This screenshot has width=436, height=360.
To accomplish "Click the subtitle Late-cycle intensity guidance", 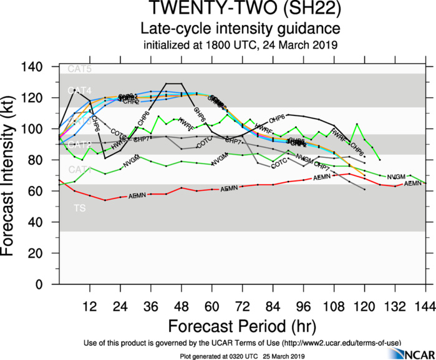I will coord(240,29).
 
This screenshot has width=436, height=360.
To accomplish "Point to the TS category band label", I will coord(75,207).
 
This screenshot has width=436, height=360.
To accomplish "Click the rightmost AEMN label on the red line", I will coord(413,184).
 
